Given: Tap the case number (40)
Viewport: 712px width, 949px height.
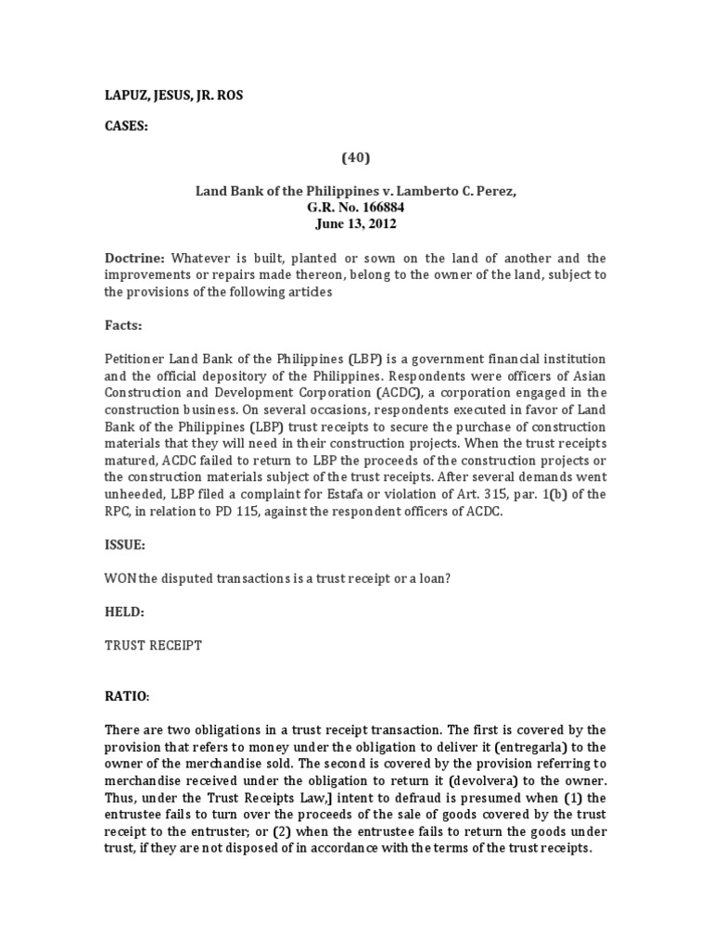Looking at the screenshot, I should [356, 158].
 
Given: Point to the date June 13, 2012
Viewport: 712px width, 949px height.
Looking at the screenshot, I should [356, 223].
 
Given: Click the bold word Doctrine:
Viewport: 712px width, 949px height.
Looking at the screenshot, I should [132, 258].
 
